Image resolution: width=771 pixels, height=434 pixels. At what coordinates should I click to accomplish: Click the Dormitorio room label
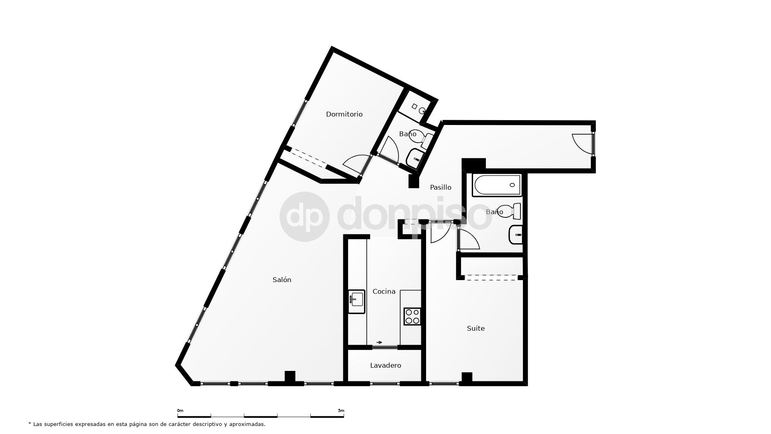click(344, 114)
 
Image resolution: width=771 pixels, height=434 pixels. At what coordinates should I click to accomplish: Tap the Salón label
click(282, 280)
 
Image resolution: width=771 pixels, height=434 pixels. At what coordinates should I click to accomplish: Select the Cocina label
click(384, 291)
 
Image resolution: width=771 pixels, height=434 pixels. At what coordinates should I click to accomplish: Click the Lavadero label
click(385, 365)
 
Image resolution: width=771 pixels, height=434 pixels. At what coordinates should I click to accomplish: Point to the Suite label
click(475, 328)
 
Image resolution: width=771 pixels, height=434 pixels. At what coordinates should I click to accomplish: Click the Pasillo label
click(441, 187)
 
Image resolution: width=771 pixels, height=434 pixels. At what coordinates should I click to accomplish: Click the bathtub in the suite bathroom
click(497, 185)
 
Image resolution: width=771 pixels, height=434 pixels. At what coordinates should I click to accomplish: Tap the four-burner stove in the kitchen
click(412, 316)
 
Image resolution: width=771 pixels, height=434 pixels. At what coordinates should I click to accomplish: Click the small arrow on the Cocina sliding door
click(379, 342)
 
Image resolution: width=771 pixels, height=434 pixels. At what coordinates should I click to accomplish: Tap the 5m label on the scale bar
click(341, 411)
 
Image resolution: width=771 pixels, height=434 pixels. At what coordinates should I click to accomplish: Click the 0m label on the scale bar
click(180, 411)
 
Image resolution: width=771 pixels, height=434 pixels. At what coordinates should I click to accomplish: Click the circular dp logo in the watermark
click(304, 217)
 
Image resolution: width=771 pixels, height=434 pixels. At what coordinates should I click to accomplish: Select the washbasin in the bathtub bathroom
click(516, 235)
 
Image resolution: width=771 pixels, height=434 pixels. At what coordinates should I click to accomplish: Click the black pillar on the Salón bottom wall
click(290, 377)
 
